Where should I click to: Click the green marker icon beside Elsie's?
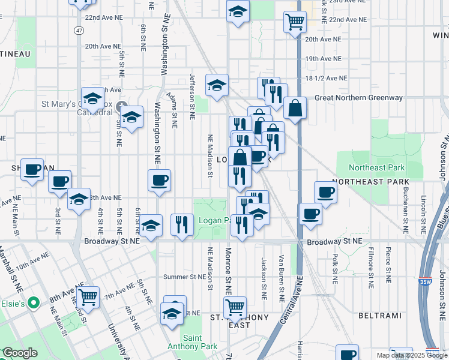click(x=34, y=304)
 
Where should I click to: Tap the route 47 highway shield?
click(x=80, y=29)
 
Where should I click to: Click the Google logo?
click(x=20, y=353)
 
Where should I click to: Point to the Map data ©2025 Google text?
click(x=411, y=355)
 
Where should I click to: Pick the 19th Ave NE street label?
click(x=323, y=59)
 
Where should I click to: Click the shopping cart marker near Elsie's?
click(x=88, y=295)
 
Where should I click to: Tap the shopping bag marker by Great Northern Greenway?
click(x=296, y=109)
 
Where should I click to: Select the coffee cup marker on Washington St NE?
click(x=159, y=180)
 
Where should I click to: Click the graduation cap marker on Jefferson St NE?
click(x=217, y=85)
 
